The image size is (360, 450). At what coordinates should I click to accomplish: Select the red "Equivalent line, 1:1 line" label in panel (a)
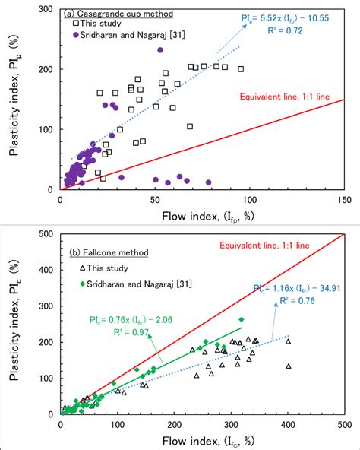point(291,97)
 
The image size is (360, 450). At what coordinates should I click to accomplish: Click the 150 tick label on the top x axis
point(344,199)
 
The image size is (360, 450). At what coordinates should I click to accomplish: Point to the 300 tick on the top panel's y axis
point(47,10)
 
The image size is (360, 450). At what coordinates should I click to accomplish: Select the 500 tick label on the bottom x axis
point(344,424)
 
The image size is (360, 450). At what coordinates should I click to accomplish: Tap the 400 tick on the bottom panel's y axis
point(47,271)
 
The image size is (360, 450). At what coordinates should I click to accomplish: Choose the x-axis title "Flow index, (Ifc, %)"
point(202,440)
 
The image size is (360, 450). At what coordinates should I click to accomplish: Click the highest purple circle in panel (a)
point(160,50)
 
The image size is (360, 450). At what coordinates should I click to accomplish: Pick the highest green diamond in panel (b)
point(242,319)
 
